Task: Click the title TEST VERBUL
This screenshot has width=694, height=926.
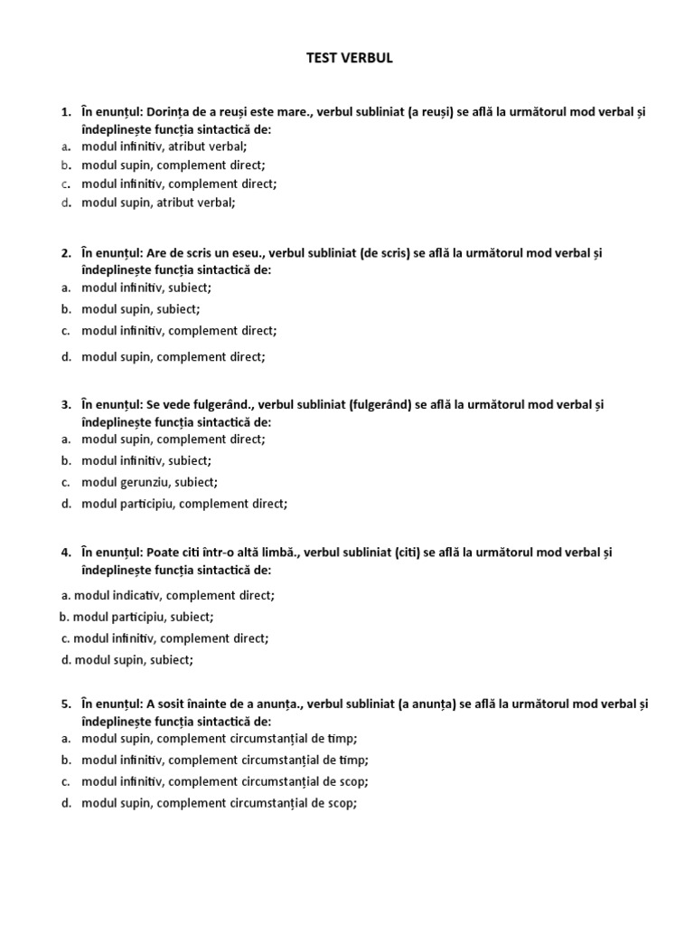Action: coord(348,59)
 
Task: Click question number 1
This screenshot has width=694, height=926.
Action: coord(65,112)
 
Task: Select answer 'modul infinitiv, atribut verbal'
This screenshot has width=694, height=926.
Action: coord(164,146)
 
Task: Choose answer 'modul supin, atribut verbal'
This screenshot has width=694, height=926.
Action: coord(158,203)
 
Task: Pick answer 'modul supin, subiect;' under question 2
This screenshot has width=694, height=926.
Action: coord(140,309)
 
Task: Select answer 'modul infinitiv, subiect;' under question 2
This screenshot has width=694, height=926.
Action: coord(146,288)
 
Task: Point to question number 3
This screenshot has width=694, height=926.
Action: coord(65,404)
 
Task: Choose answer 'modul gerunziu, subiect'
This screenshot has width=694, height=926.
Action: coord(149,482)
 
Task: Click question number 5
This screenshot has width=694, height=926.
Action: coord(65,704)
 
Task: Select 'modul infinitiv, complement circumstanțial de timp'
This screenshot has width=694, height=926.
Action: coord(224,760)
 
